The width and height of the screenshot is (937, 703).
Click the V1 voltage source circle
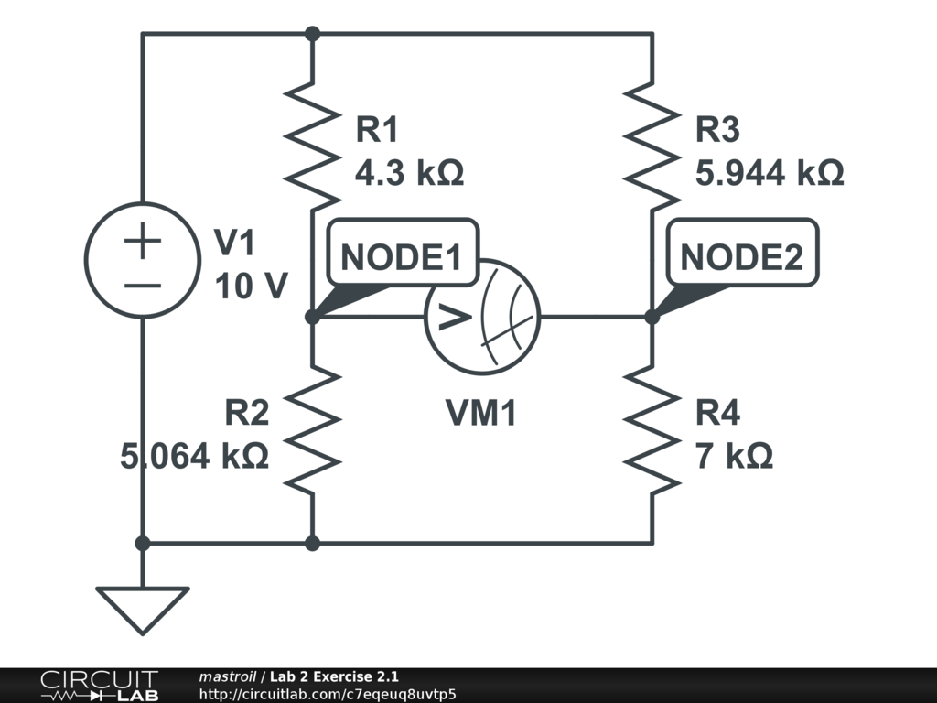coord(142,260)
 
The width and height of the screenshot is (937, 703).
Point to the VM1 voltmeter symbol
coord(482,317)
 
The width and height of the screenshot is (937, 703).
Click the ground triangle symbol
coord(142,609)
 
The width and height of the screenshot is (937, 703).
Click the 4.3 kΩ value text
coord(409,172)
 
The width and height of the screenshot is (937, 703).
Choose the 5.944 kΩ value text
coord(769,172)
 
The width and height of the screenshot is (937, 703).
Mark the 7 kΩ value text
coord(734,455)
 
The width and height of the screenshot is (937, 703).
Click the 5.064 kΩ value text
coord(195,455)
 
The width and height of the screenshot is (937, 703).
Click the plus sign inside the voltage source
coord(142,243)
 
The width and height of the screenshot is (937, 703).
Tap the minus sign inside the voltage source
coord(142,284)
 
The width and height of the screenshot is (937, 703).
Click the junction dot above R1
coord(312,34)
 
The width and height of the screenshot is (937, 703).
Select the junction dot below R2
coord(312,543)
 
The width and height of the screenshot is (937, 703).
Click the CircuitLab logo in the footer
coord(99,686)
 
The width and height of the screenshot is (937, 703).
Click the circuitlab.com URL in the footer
coord(327,694)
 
